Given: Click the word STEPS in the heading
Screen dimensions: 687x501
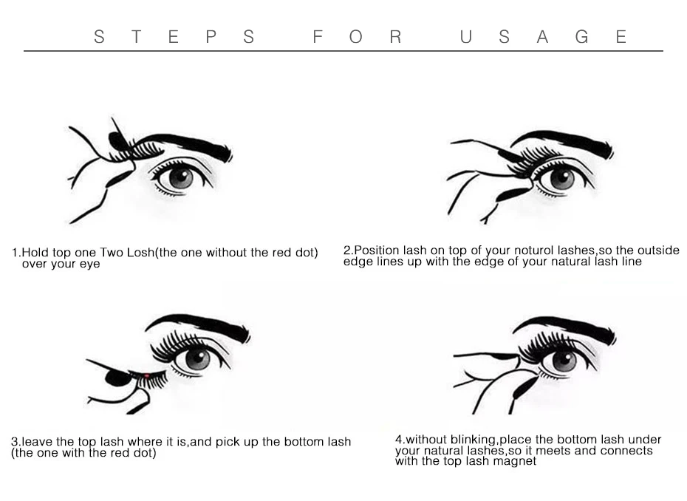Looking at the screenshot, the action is click(x=174, y=37).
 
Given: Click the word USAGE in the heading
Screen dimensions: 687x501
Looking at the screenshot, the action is click(x=543, y=37).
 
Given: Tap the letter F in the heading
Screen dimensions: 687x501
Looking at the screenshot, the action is click(x=318, y=37).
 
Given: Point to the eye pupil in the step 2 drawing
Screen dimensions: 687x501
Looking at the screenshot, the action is click(x=561, y=177).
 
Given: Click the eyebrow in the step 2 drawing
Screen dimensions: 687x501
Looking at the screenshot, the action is click(x=563, y=143).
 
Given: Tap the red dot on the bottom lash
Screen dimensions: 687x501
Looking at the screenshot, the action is click(x=147, y=375).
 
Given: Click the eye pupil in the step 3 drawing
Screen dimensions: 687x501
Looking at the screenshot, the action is click(x=197, y=358).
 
